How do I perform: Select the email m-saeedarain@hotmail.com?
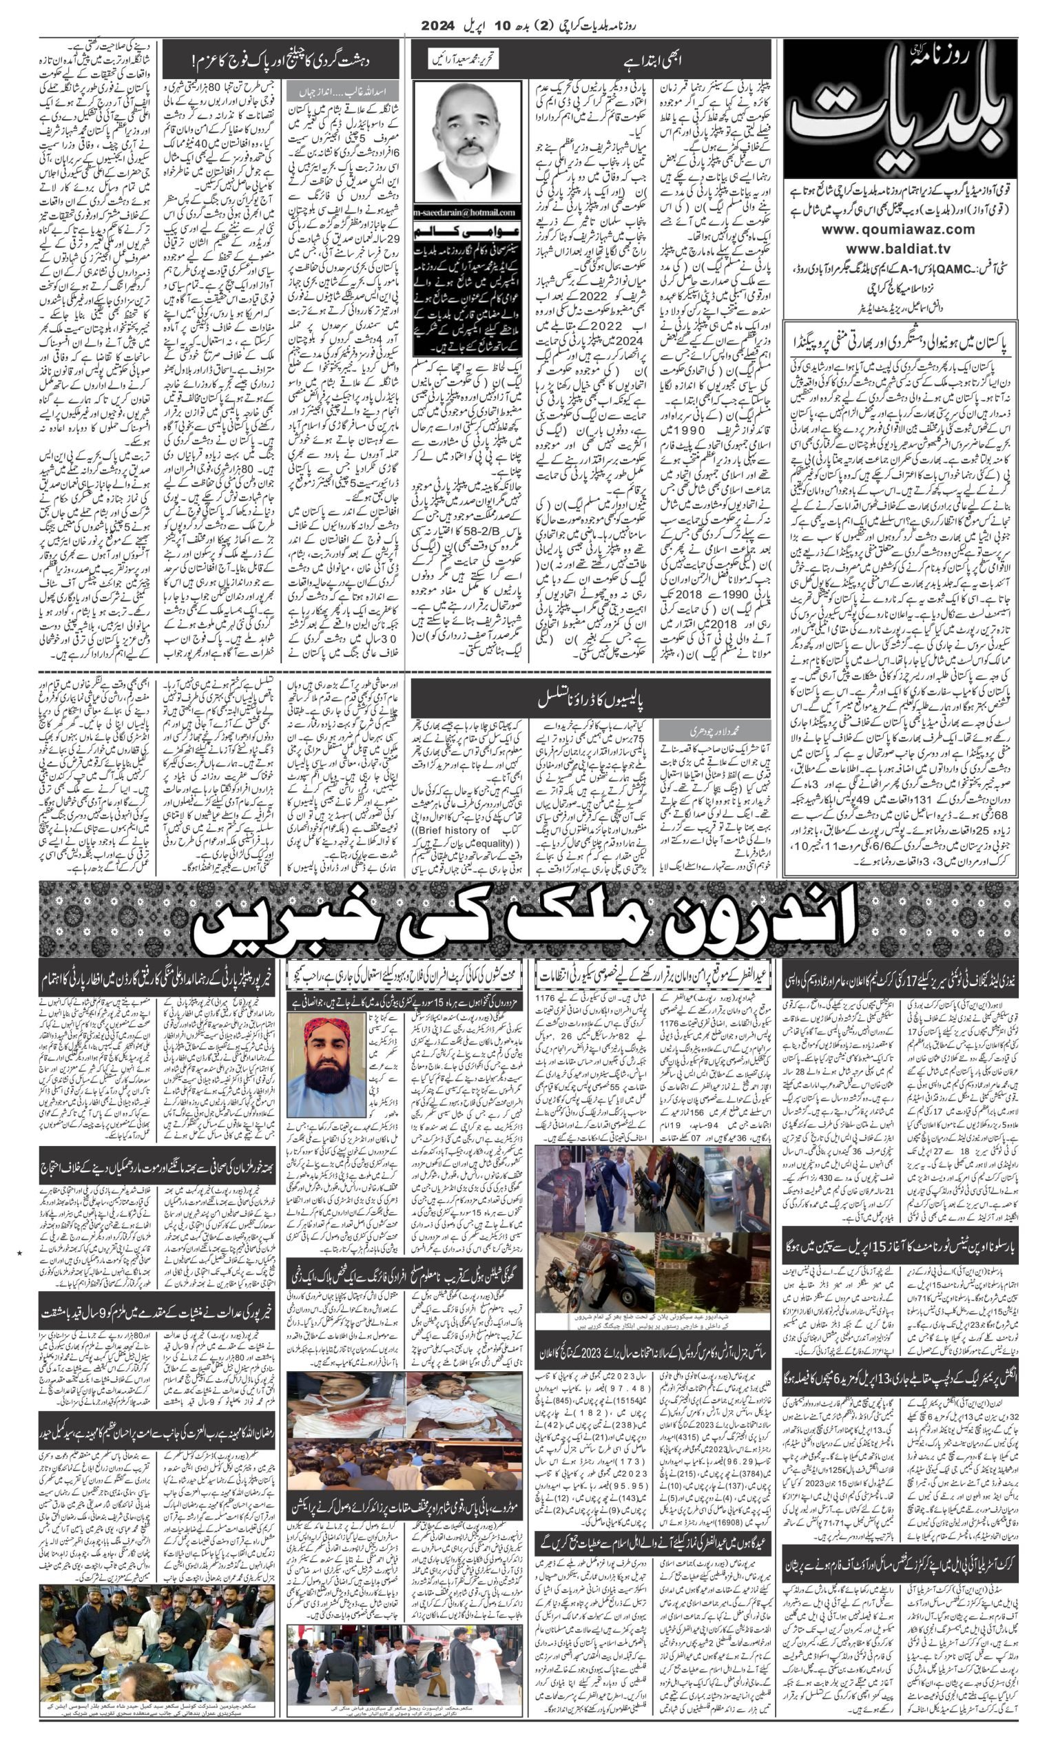click(x=468, y=212)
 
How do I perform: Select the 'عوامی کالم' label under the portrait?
click(x=467, y=233)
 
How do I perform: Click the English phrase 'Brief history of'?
click(x=455, y=830)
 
